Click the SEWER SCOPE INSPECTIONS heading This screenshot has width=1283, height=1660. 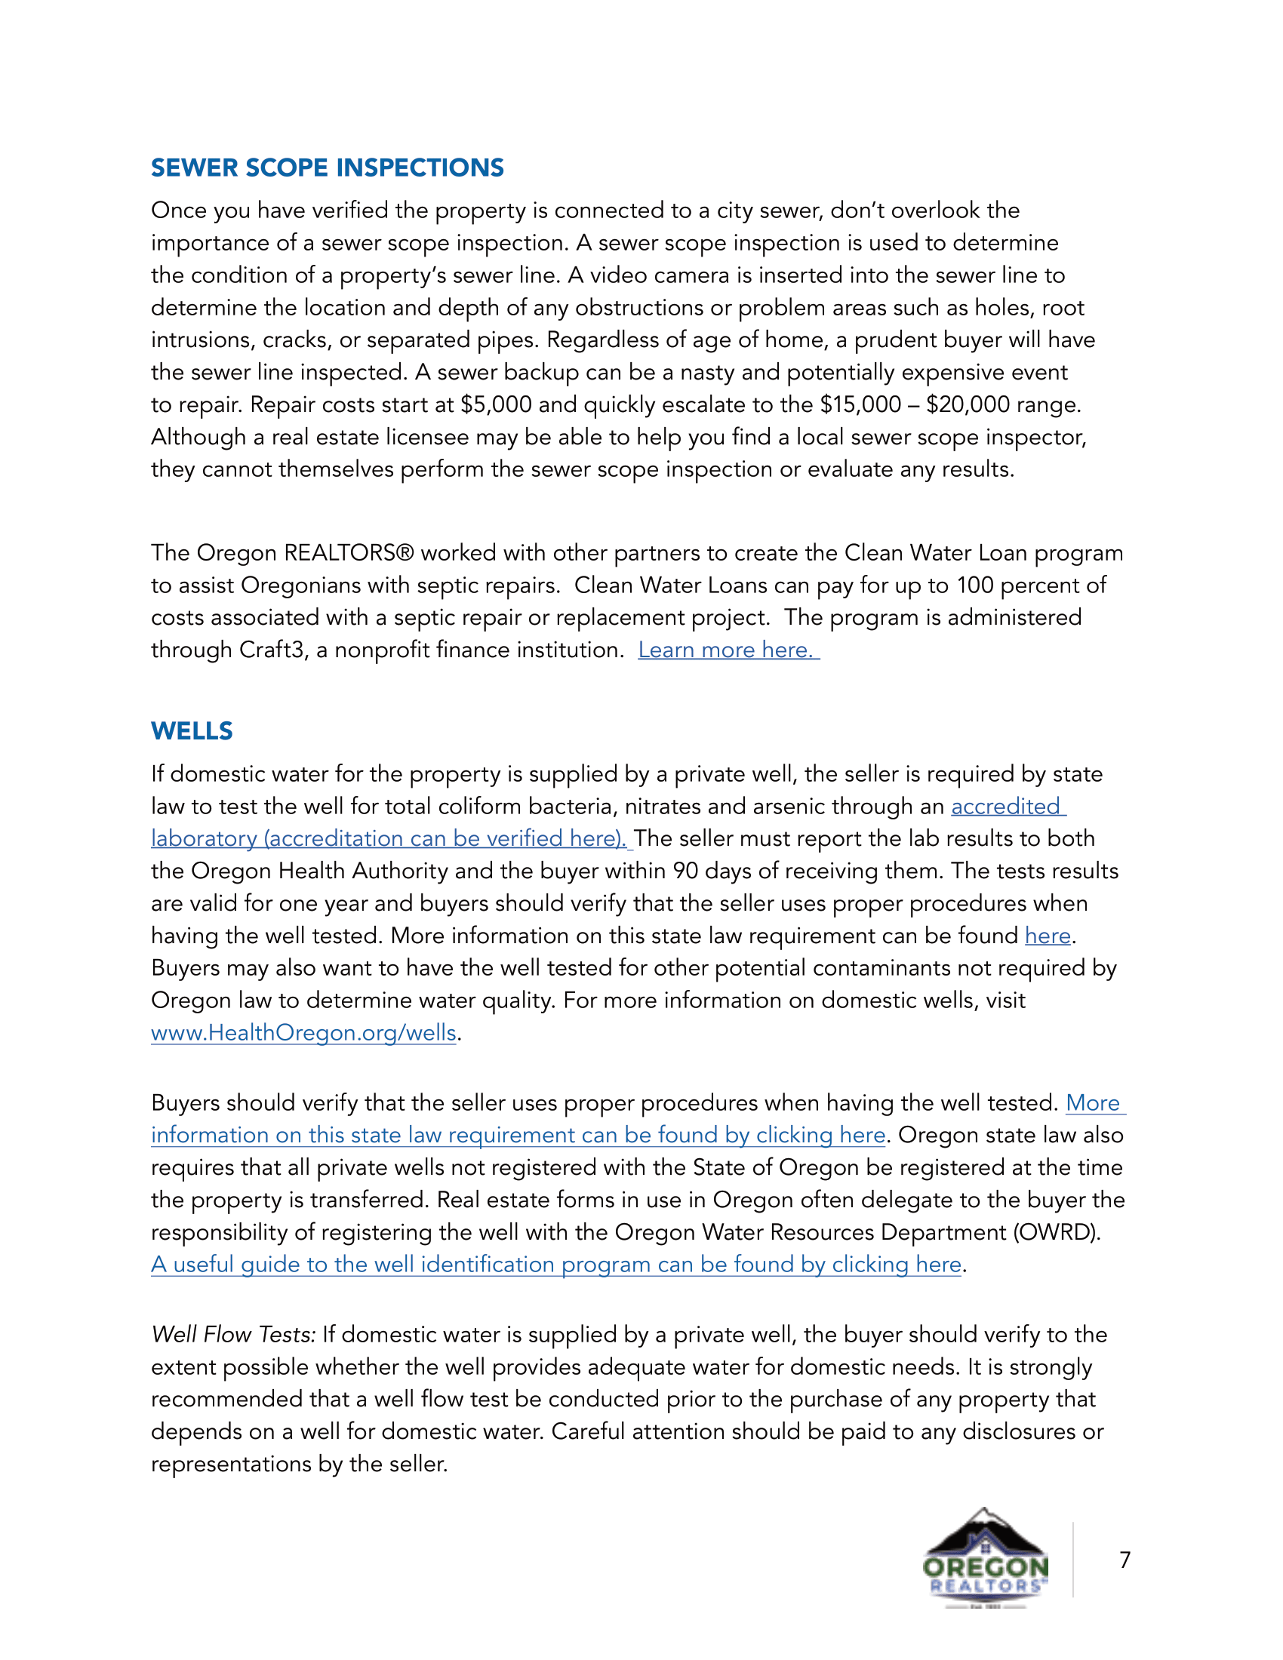point(327,168)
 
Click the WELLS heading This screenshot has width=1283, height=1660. point(192,731)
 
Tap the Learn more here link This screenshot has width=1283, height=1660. point(728,650)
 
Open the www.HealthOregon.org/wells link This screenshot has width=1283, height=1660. point(303,1033)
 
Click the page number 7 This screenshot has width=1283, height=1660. point(1125,1560)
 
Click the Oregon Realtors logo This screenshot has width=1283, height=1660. point(985,1559)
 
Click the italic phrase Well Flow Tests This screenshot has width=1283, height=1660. point(233,1335)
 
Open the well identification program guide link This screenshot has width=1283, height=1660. point(555,1265)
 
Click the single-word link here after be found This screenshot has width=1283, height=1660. point(1048,936)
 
